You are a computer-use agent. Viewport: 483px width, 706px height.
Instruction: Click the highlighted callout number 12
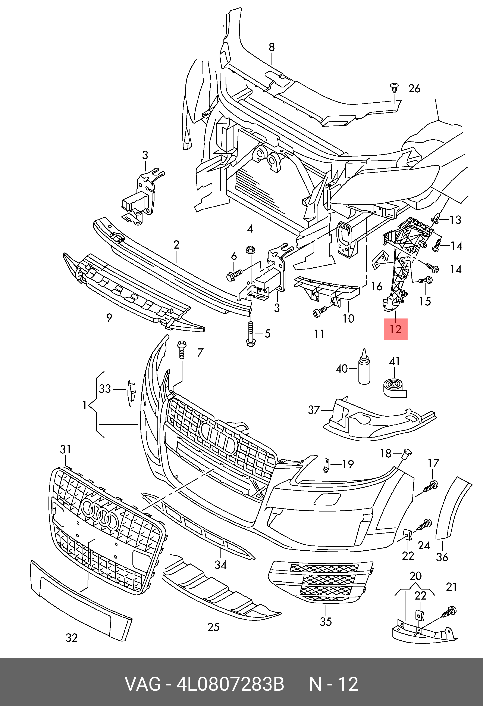396,329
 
